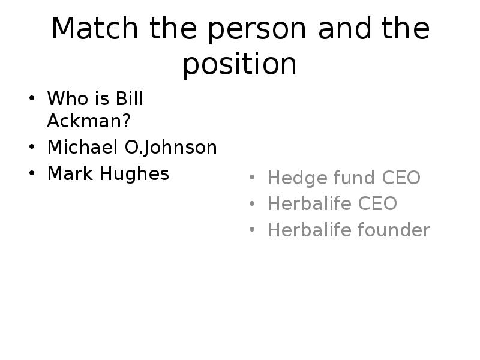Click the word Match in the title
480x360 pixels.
point(95,28)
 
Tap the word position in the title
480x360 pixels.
point(239,64)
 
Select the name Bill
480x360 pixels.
point(129,98)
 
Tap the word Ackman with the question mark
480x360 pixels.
point(89,121)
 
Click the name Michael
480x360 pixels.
point(83,146)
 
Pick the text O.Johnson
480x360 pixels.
point(171,148)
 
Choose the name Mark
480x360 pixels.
point(70,173)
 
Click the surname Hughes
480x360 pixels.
point(134,174)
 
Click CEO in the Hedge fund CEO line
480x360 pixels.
point(401,177)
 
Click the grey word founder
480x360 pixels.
point(394,230)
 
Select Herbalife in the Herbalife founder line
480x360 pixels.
point(309,230)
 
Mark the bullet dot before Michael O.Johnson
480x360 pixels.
point(32,146)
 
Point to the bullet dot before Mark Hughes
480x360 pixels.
point(32,173)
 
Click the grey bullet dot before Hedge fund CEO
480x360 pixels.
point(252,177)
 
